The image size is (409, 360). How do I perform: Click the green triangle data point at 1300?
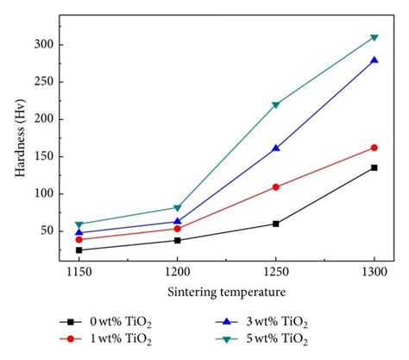pyautogui.click(x=374, y=37)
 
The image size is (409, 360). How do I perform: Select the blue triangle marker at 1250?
pyautogui.click(x=276, y=148)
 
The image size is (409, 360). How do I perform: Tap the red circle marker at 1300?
pyautogui.click(x=374, y=148)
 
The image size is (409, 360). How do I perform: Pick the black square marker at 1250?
pyautogui.click(x=276, y=224)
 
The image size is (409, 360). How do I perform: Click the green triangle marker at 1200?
pyautogui.click(x=177, y=208)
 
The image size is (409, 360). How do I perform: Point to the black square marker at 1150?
pyautogui.click(x=79, y=250)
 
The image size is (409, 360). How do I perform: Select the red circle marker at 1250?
pyautogui.click(x=276, y=186)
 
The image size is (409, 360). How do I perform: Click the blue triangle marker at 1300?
pyautogui.click(x=374, y=60)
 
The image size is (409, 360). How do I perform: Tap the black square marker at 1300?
pyautogui.click(x=374, y=167)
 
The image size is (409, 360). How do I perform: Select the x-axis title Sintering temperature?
pyautogui.click(x=226, y=292)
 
